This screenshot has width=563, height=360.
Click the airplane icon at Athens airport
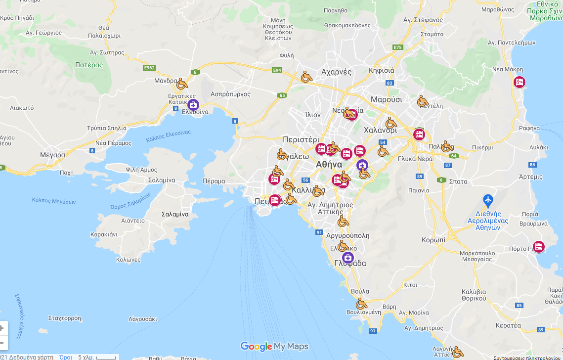point(488,200)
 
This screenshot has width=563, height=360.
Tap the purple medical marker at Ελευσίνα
point(193,104)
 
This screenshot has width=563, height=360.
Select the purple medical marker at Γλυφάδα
point(348,258)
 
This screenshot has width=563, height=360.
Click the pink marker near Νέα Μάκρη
point(519,82)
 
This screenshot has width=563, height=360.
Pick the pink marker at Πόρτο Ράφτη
point(538,246)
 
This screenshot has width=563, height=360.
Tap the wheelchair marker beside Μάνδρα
point(182,83)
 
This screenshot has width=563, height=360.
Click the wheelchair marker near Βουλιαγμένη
point(361,303)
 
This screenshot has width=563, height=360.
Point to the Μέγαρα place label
point(53,155)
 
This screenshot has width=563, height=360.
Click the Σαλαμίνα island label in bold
point(175,214)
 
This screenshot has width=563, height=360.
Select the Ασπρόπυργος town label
point(230,94)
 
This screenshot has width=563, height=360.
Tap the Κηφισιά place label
point(382,70)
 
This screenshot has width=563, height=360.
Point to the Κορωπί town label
point(433,239)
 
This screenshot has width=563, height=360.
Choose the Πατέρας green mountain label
point(89,65)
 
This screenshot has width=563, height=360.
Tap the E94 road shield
point(277,70)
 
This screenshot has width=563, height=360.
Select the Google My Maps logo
point(274,346)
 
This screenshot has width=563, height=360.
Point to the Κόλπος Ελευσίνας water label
point(168,136)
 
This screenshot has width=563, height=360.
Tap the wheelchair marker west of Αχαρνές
point(306,77)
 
